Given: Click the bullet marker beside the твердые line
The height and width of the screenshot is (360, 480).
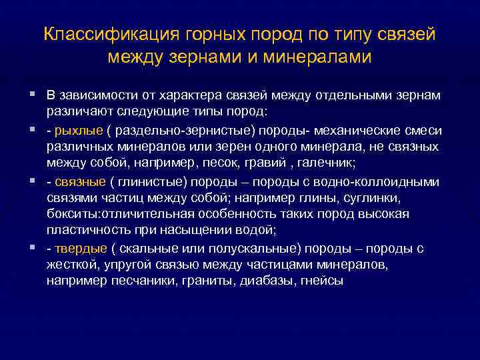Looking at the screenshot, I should tap(33, 249).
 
